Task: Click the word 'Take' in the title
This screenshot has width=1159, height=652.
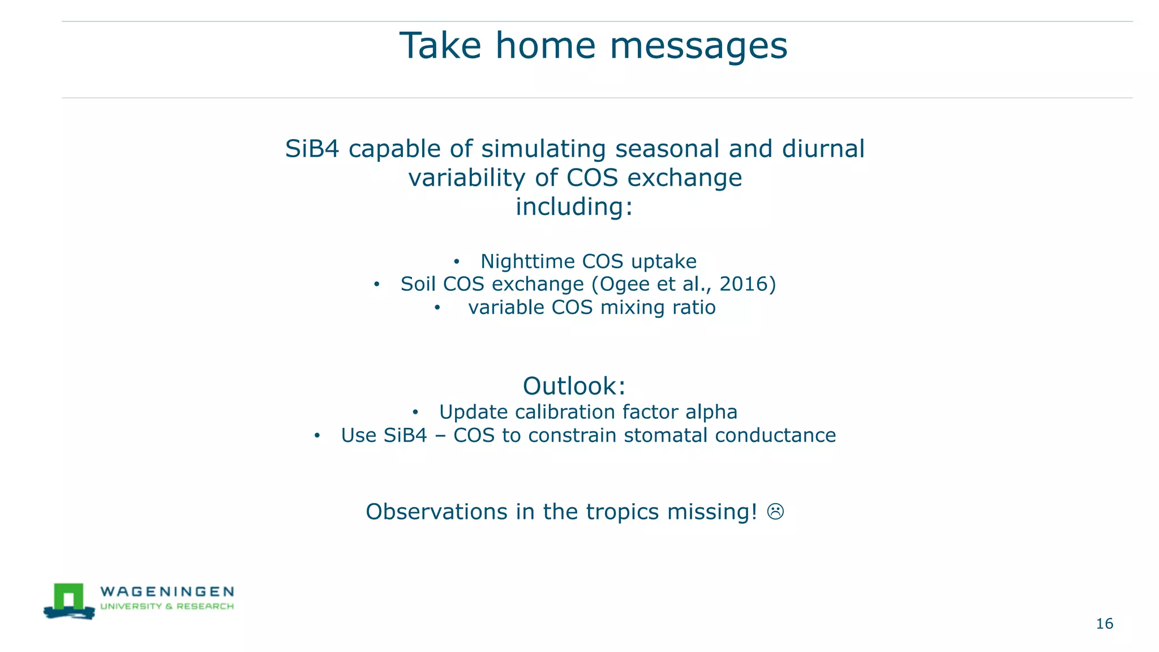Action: (x=440, y=46)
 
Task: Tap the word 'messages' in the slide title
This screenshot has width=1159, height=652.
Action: (x=698, y=46)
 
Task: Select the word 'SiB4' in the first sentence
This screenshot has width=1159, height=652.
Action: (x=312, y=149)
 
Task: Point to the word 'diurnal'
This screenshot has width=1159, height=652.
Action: (x=823, y=149)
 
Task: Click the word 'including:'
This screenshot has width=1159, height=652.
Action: (x=574, y=207)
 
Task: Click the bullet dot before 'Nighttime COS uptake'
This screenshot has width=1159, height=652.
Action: (x=456, y=262)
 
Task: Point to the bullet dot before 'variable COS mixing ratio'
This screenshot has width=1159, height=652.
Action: (x=437, y=308)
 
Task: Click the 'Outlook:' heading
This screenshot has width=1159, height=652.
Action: (x=574, y=386)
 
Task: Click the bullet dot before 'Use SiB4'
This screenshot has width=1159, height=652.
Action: (x=317, y=436)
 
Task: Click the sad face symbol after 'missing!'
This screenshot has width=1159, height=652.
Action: (x=775, y=512)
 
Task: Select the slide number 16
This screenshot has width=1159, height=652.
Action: (x=1104, y=624)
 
